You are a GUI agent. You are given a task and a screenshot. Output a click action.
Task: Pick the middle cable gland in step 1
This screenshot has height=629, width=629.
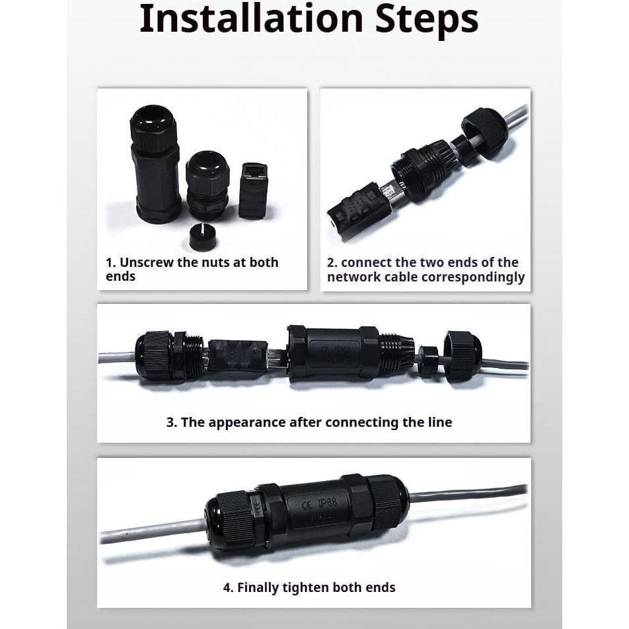pos(207,185)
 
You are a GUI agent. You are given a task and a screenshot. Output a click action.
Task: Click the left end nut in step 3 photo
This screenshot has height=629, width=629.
pos(155,355)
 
